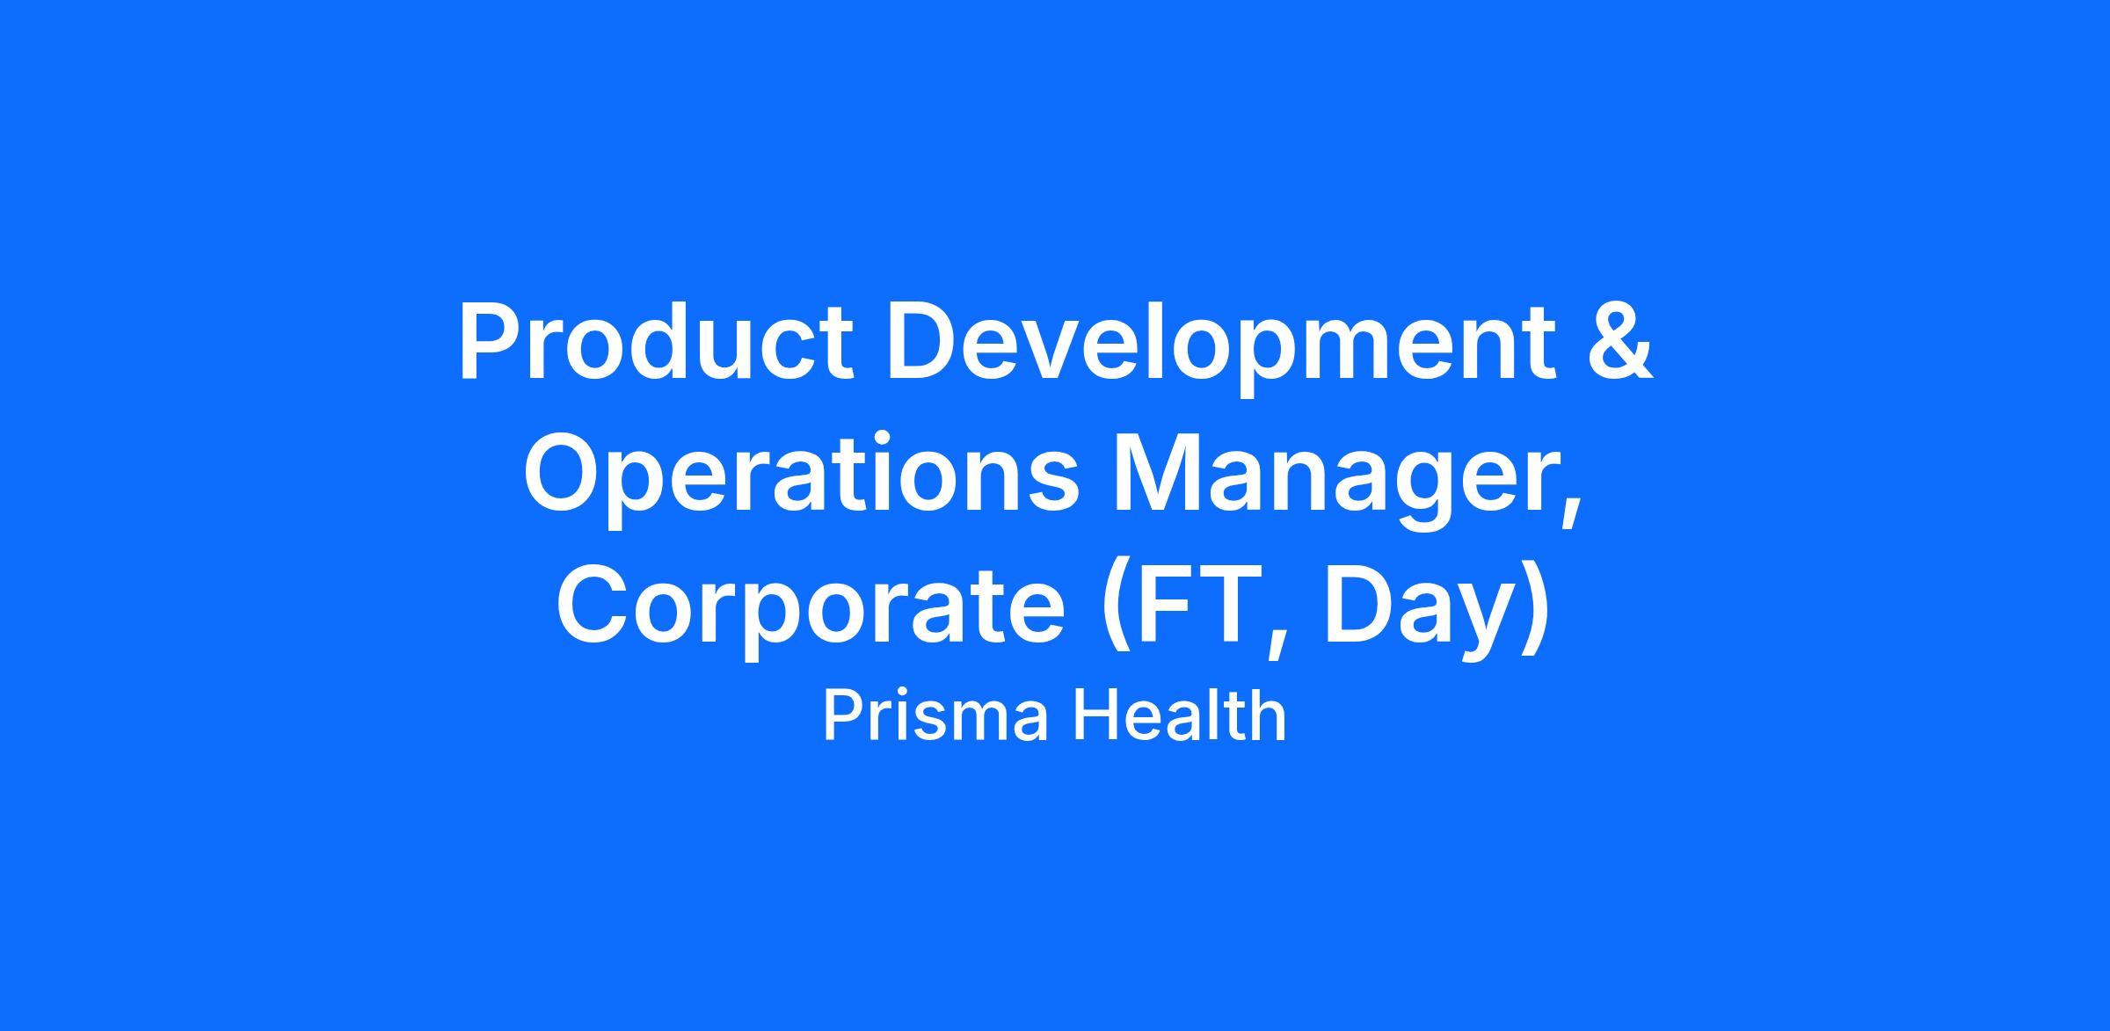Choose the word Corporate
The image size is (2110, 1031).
[x=811, y=611]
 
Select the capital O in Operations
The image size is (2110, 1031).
[x=564, y=476]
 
